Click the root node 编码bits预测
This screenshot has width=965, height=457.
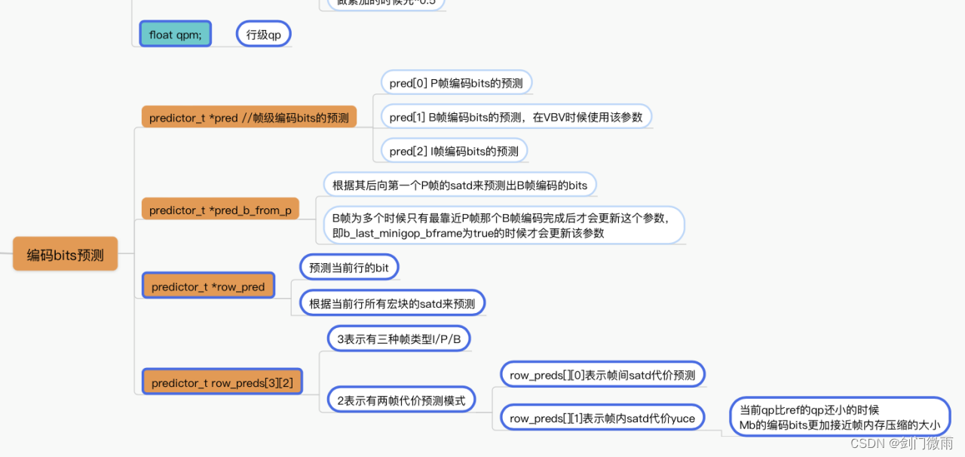click(x=66, y=255)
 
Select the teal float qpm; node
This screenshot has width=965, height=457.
click(x=175, y=34)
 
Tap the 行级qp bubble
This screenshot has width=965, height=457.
click(x=264, y=34)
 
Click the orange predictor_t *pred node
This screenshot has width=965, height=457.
click(x=249, y=117)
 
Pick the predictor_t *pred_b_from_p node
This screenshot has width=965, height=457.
click(x=220, y=210)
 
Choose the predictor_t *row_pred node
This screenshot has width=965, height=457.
click(x=208, y=287)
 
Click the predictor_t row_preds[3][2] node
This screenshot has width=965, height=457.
click(x=222, y=382)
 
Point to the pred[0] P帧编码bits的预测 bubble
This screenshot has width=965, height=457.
click(x=456, y=82)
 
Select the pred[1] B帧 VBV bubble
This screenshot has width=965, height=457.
click(x=516, y=117)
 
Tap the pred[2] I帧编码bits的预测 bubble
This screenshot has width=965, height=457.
click(x=454, y=151)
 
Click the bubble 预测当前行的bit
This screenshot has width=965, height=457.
click(x=349, y=267)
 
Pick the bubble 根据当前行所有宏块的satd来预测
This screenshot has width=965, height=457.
click(x=392, y=303)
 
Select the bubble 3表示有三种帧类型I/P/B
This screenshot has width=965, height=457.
click(x=399, y=339)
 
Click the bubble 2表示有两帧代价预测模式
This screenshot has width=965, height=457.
click(x=401, y=400)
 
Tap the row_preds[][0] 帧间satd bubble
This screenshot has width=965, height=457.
click(x=603, y=374)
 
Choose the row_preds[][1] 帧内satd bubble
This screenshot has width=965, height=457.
click(x=602, y=418)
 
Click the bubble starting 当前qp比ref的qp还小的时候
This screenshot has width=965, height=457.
click(x=840, y=417)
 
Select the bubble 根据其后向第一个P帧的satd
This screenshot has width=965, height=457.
click(x=459, y=185)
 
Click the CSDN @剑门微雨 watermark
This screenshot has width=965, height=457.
click(x=902, y=443)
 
